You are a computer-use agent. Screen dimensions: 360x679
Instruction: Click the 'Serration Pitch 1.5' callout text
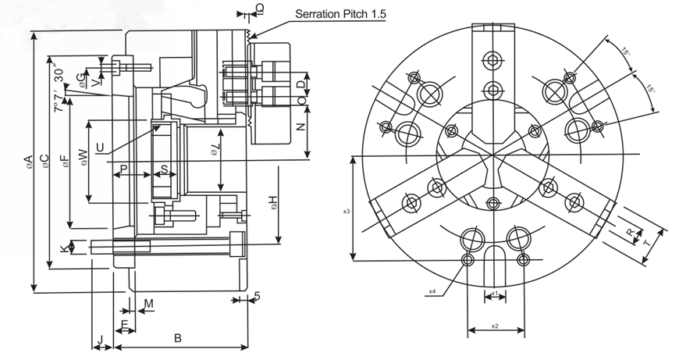[x=340, y=13]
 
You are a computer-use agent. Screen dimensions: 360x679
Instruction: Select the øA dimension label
[x=27, y=162]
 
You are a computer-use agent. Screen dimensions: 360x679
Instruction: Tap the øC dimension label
[x=45, y=161]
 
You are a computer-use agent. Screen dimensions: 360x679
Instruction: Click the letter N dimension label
[x=299, y=127]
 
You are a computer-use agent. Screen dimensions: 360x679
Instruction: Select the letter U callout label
[x=99, y=145]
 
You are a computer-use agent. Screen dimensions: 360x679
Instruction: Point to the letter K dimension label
[x=64, y=248]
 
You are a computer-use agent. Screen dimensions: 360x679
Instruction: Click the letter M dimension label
[x=148, y=303]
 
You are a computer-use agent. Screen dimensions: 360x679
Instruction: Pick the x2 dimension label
[x=495, y=325]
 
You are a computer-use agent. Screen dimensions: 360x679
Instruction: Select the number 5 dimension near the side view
[x=256, y=297]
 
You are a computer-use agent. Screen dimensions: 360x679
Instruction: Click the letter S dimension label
[x=164, y=168]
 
